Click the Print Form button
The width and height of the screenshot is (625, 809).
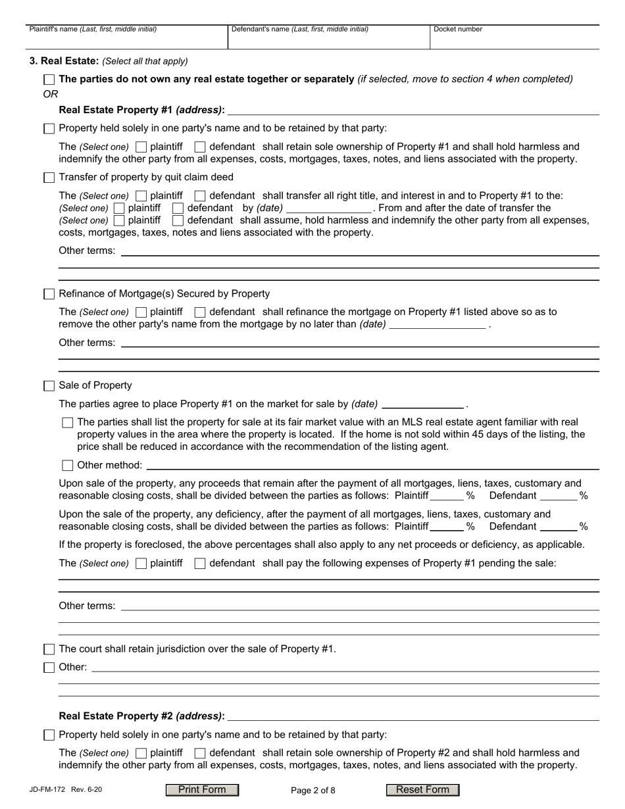(202, 790)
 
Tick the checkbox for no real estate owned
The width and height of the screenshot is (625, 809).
(49, 80)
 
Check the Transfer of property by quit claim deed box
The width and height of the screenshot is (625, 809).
(49, 178)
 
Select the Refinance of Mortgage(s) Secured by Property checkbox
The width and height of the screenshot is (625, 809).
(49, 294)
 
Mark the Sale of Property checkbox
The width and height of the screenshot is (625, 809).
(49, 386)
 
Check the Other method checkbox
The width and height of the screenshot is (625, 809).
(68, 466)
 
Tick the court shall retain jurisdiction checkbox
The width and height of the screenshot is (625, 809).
(49, 650)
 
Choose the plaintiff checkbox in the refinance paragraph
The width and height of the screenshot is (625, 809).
(141, 312)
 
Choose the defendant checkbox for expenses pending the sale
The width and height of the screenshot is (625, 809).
(201, 564)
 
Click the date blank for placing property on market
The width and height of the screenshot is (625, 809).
(422, 404)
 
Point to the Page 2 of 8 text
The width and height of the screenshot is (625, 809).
(313, 791)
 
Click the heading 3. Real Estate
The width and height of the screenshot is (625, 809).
(64, 61)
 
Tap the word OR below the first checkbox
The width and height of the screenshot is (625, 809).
(51, 94)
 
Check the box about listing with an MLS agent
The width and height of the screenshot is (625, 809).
(68, 423)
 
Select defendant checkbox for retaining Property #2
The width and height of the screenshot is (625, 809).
(201, 753)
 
